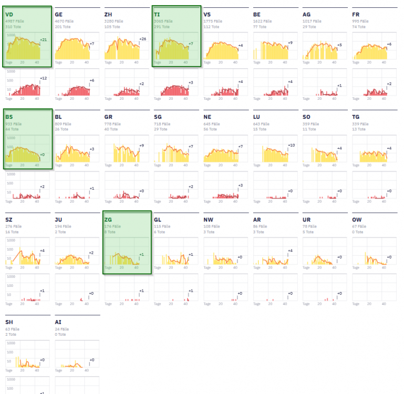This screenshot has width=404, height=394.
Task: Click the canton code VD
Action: click(9, 14)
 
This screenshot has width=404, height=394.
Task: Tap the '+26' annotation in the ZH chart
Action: click(142, 39)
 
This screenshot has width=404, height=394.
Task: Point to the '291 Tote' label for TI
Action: click(162, 26)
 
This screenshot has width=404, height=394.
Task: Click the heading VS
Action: click(208, 14)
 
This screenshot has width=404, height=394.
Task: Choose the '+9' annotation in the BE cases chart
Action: click(290, 43)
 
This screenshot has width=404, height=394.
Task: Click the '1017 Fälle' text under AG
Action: click(313, 21)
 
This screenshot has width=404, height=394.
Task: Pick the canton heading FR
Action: click(356, 14)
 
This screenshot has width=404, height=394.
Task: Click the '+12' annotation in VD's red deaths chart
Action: click(43, 78)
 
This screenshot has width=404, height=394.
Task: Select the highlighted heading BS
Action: click(9, 117)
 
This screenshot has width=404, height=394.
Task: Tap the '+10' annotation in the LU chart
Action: click(292, 145)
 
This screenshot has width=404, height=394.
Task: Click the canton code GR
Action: click(109, 117)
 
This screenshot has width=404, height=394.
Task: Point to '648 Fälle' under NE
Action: click(213, 123)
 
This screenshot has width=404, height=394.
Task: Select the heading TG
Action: click(356, 117)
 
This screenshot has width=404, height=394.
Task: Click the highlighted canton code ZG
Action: click(109, 220)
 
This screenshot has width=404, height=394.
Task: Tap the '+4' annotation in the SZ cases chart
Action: click(42, 251)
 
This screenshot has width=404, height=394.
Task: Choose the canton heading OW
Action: click(357, 220)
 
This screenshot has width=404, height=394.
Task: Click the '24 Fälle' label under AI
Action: click(62, 329)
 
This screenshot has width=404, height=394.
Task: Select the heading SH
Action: click(9, 322)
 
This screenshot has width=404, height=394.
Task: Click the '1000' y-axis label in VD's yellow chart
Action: click(11, 35)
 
